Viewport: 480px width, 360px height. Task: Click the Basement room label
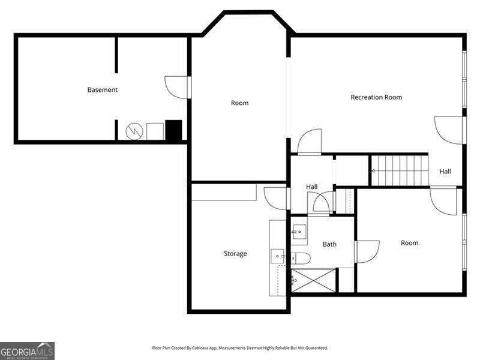click(x=103, y=90)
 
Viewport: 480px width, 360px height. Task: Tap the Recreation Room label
click(x=376, y=97)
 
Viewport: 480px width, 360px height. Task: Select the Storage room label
click(x=235, y=254)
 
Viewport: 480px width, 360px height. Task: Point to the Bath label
click(x=329, y=244)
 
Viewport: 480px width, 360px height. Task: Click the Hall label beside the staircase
click(x=445, y=172)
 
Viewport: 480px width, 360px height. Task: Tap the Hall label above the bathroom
click(x=312, y=187)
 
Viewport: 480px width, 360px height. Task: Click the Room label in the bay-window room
click(x=239, y=103)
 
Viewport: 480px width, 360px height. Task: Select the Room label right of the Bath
click(x=409, y=243)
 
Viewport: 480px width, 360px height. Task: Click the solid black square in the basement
click(x=173, y=131)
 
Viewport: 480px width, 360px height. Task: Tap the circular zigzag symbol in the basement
click(x=134, y=131)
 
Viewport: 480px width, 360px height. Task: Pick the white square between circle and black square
click(x=155, y=131)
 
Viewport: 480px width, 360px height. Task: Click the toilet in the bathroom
click(x=301, y=259)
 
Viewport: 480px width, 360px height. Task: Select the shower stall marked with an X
click(x=314, y=280)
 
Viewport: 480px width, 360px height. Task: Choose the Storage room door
click(x=275, y=198)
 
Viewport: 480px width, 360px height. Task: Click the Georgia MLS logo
click(x=27, y=350)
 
